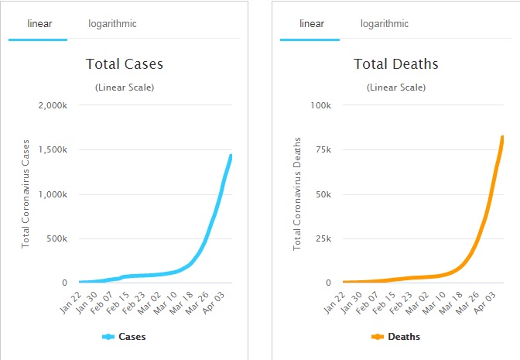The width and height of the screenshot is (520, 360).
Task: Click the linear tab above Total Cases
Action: pyautogui.click(x=39, y=24)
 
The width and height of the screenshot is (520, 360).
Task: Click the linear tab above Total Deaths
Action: pyautogui.click(x=311, y=24)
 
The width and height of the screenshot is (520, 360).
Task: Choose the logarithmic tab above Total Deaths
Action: pyautogui.click(x=385, y=24)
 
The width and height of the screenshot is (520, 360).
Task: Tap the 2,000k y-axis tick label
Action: pyautogui.click(x=53, y=105)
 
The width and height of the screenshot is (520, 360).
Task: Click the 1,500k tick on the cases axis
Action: pyautogui.click(x=53, y=149)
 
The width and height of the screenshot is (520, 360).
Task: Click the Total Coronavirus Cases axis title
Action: pyautogui.click(x=26, y=194)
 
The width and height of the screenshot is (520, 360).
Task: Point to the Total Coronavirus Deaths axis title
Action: pyautogui.click(x=297, y=194)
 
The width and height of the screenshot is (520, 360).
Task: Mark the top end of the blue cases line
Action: pyautogui.click(x=231, y=156)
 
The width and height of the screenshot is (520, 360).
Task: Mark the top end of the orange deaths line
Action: pyautogui.click(x=503, y=137)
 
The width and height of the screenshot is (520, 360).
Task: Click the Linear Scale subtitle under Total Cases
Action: pyautogui.click(x=125, y=87)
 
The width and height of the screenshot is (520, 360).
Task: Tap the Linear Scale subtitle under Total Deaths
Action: pyautogui.click(x=396, y=87)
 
